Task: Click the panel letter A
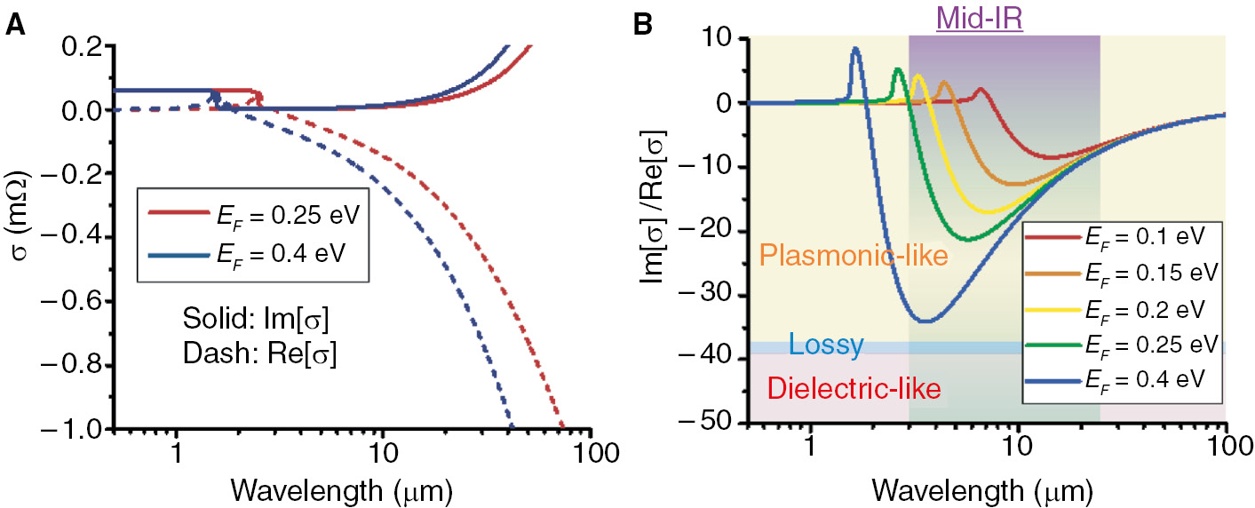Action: click(14, 25)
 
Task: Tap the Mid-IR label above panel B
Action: click(979, 17)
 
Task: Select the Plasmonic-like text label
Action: click(854, 257)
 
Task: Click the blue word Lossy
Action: click(826, 345)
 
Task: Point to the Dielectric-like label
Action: click(854, 388)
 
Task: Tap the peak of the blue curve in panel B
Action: click(855, 49)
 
